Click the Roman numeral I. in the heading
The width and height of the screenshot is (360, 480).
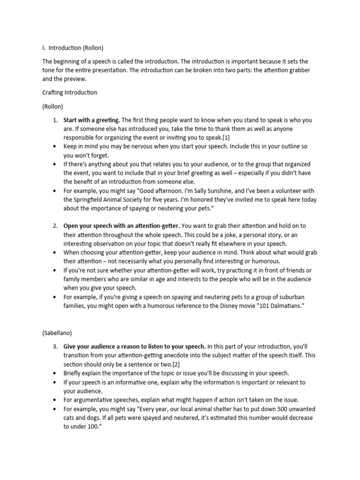pyautogui.click(x=44, y=47)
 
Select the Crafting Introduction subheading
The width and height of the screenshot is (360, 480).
pyautogui.click(x=70, y=92)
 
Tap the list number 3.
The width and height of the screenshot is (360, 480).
pyautogui.click(x=55, y=346)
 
